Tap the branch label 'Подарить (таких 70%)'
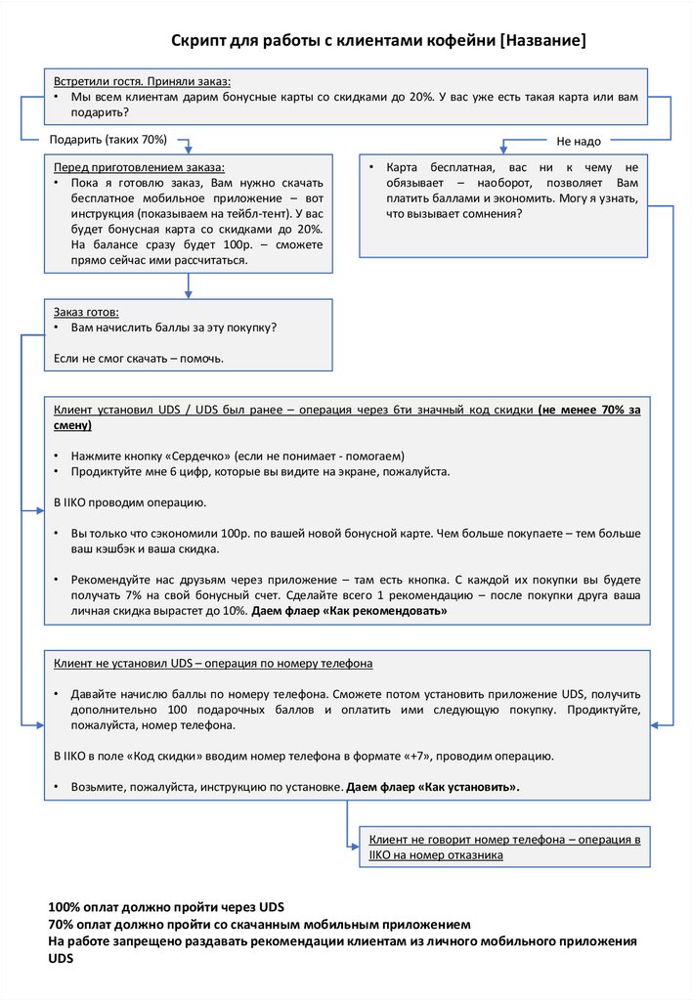coord(108,140)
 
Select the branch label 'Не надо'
coord(579,142)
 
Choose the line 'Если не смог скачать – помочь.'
coord(139,359)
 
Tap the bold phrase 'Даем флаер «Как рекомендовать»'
coord(349,610)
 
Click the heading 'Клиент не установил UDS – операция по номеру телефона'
coord(213,663)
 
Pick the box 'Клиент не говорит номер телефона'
coord(504,847)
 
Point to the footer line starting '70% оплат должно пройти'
coord(259,924)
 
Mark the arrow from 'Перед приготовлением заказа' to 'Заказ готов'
coord(189,285)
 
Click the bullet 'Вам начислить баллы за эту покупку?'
coord(172,327)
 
